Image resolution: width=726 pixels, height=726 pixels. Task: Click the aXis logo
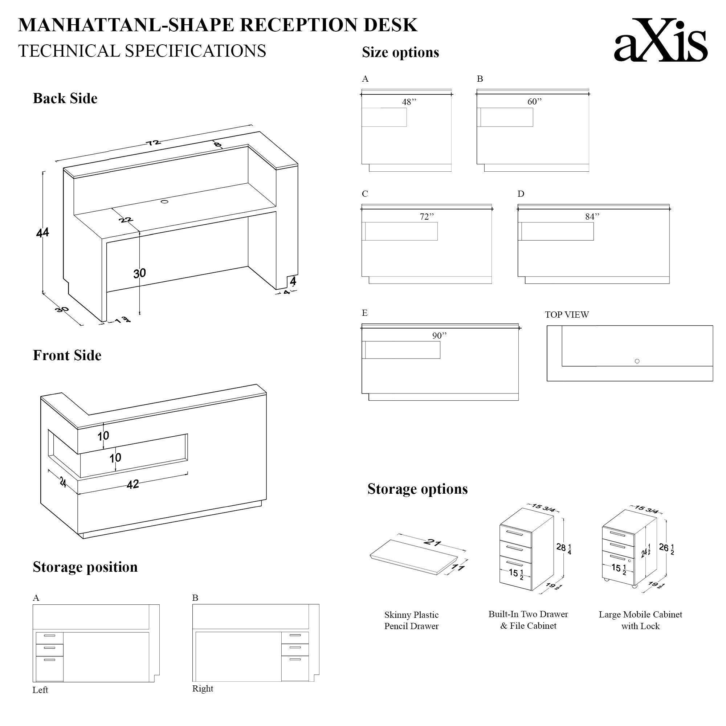(660, 41)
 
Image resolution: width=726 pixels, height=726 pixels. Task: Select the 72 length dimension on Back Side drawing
(153, 143)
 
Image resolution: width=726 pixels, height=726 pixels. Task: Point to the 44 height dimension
(42, 233)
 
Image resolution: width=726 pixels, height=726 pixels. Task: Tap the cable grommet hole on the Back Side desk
(164, 202)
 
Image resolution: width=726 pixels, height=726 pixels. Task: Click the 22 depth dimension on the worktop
(126, 220)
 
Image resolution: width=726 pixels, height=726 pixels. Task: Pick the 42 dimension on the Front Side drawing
(132, 484)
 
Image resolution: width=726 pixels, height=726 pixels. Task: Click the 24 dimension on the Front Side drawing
(63, 482)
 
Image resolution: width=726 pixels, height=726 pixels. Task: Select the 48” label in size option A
(409, 102)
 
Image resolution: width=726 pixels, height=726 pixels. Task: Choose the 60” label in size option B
(534, 102)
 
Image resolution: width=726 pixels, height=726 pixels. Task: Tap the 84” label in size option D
(592, 217)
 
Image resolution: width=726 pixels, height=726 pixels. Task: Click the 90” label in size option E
(439, 336)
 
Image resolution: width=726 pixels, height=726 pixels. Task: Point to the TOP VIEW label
(567, 315)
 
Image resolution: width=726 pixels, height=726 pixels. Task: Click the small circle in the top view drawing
(637, 361)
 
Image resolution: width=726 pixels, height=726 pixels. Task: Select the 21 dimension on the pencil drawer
(432, 542)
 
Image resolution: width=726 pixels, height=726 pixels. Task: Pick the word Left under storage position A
(40, 690)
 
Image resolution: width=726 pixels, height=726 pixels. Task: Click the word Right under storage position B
(203, 688)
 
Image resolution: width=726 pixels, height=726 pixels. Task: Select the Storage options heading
(417, 489)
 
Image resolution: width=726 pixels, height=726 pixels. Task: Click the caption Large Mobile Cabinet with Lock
(640, 620)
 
